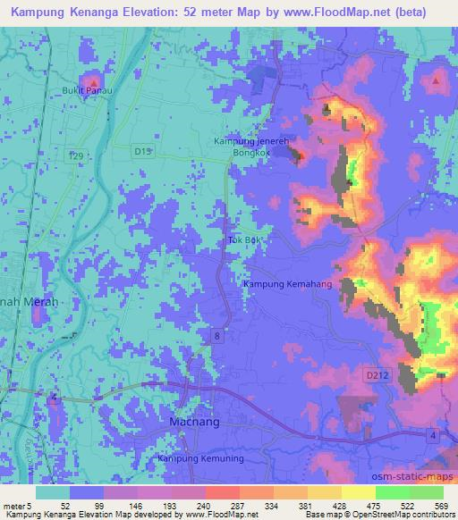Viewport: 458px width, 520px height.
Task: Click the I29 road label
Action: click(79, 155)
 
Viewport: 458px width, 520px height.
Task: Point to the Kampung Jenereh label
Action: click(248, 142)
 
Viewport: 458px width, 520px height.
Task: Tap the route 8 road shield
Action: click(217, 335)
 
